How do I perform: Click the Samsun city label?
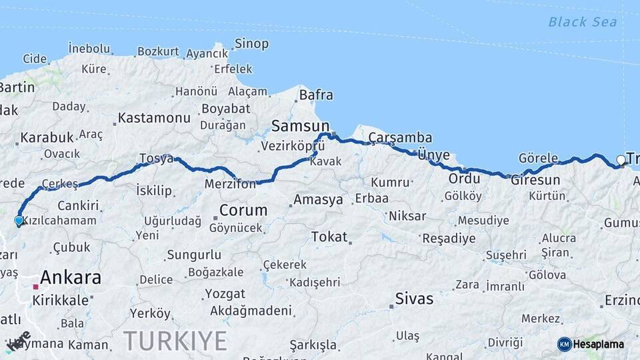click(x=300, y=126)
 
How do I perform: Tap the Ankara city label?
click(x=70, y=277)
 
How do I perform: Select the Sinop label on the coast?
click(x=251, y=44)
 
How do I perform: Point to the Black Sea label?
click(x=582, y=22)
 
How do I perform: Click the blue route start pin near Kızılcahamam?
click(x=19, y=221)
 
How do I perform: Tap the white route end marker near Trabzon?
click(x=621, y=160)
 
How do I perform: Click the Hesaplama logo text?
click(x=598, y=344)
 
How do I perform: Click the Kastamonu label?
click(x=154, y=118)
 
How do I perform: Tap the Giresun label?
click(x=535, y=180)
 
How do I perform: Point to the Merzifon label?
click(x=230, y=184)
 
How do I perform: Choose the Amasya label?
click(x=318, y=199)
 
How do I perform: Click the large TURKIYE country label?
click(x=175, y=341)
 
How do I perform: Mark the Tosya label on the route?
click(x=155, y=159)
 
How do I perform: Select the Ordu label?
click(x=464, y=179)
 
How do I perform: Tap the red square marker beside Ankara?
click(x=36, y=287)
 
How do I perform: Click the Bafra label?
click(x=315, y=95)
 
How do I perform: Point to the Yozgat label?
click(x=225, y=293)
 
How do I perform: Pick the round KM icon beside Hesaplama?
click(x=565, y=344)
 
